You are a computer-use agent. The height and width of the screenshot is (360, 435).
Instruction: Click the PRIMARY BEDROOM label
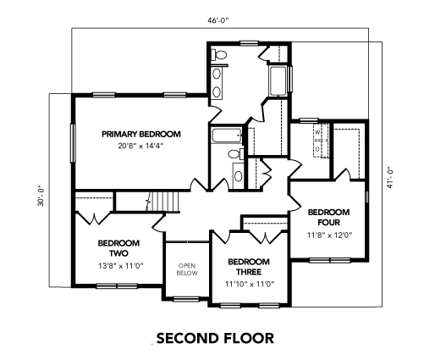tap(141, 134)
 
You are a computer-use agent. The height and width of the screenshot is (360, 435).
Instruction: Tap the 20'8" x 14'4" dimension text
tap(141, 146)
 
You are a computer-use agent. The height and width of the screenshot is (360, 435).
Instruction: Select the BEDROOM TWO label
tap(118, 248)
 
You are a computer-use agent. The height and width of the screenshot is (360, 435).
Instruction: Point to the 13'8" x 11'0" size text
tap(121, 266)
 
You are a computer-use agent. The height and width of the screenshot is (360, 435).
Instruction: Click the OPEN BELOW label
tap(187, 269)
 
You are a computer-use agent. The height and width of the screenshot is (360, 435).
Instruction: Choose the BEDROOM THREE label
tap(249, 267)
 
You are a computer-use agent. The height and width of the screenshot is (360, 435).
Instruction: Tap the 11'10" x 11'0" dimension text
tap(250, 284)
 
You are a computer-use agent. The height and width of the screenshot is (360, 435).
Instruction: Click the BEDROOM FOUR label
tap(328, 217)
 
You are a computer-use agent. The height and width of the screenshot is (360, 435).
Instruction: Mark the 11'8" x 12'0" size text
tap(330, 235)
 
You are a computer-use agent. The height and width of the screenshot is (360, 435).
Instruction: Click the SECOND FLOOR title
tap(215, 338)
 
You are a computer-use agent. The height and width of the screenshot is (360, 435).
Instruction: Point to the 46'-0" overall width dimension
tap(217, 20)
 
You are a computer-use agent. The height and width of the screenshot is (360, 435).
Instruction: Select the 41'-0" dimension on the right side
tap(390, 180)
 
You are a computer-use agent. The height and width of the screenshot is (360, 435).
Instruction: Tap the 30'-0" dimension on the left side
tap(41, 196)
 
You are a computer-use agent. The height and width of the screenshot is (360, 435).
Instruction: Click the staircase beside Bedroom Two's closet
tap(162, 202)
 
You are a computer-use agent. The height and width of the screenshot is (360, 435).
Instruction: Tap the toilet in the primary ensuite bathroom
tap(220, 54)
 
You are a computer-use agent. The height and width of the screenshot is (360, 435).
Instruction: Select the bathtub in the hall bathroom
tap(227, 136)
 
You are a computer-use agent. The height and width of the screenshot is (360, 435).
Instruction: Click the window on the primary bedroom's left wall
tap(73, 143)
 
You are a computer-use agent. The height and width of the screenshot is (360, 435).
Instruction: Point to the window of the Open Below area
tap(186, 299)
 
